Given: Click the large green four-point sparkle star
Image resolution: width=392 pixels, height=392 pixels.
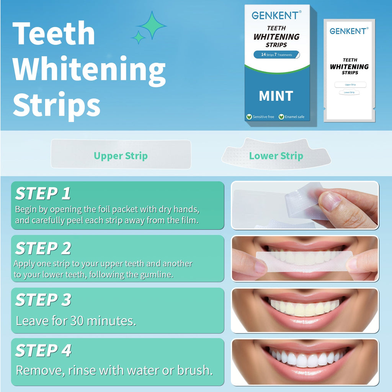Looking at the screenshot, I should tap(152, 25).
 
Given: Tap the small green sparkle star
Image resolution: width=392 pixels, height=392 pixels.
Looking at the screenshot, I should tap(138, 37).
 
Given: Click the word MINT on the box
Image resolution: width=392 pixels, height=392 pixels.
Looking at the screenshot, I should tap(276, 96).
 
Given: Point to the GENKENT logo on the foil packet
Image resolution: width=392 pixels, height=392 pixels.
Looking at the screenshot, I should tap(349, 31).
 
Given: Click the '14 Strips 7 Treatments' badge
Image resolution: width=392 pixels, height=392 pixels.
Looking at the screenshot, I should tap(276, 55).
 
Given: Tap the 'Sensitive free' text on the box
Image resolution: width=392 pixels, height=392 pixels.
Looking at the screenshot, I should tap(263, 117).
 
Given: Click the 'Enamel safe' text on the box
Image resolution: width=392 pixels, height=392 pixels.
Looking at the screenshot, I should tap(294, 117).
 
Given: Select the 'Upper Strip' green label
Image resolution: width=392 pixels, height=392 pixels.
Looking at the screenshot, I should tap(121, 156).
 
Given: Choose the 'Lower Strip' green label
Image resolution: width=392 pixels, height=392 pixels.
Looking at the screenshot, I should tap(276, 156).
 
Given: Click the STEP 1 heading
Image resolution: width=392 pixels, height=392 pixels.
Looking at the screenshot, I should tap(43, 194).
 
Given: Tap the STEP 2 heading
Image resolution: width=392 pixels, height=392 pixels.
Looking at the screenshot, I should tap(43, 249).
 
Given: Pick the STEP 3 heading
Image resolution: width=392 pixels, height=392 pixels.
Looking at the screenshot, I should tap(43, 300).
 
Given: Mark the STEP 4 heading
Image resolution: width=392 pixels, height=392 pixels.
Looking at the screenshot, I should tap(43, 351).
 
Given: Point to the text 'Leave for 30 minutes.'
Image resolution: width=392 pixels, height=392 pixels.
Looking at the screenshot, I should tap(76, 321).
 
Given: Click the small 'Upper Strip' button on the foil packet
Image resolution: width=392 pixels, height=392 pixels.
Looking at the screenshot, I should tap(350, 85).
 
